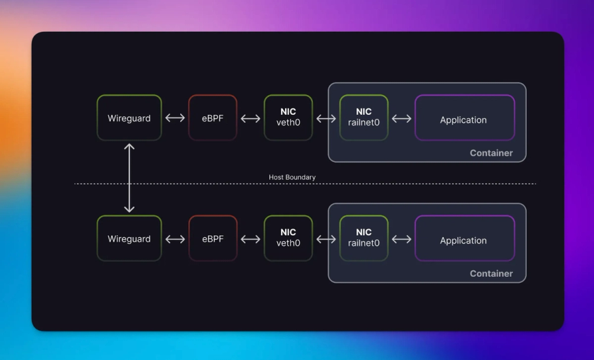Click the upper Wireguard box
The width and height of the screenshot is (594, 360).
tap(129, 118)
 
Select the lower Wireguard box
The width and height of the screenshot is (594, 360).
tap(129, 238)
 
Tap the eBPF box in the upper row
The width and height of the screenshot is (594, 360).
tap(213, 118)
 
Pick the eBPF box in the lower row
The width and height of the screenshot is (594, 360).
tap(213, 238)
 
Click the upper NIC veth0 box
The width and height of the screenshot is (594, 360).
tap(288, 118)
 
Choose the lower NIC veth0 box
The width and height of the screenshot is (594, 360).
tap(288, 238)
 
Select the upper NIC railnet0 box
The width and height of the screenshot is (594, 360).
tap(364, 118)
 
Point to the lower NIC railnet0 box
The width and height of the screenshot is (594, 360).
tap(364, 238)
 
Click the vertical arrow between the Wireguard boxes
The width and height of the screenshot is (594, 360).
tap(129, 178)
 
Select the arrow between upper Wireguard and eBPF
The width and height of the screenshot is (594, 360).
tap(175, 118)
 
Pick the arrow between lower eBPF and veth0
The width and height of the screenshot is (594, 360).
tap(251, 239)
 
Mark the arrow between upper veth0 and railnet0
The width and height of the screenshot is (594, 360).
tap(326, 118)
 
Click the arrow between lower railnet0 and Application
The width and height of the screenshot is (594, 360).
tap(401, 239)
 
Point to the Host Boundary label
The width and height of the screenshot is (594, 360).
tap(292, 177)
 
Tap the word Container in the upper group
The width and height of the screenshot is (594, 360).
tap(491, 153)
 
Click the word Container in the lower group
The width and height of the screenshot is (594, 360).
tap(491, 273)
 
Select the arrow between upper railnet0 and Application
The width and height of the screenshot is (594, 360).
tap(401, 118)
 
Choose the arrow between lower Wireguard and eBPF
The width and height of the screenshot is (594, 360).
tap(175, 239)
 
